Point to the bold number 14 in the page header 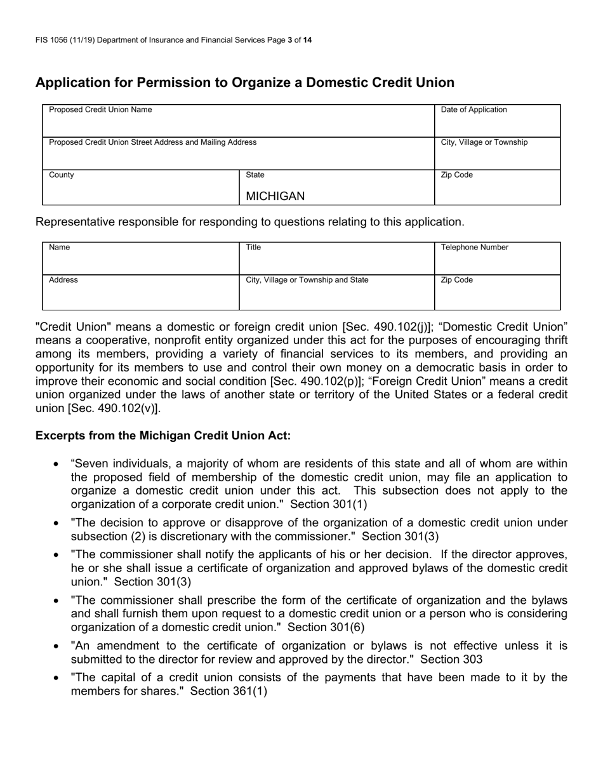tap(307, 40)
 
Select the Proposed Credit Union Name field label tap(100, 110)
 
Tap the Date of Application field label tap(474, 110)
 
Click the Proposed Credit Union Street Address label tap(152, 142)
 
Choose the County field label tap(62, 175)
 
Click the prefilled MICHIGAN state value tap(275, 196)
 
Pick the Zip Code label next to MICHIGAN tap(456, 175)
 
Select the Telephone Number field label tap(474, 248)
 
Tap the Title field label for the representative tap(253, 248)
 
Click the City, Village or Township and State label tap(307, 280)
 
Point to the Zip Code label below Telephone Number tap(456, 280)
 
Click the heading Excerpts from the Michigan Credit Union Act tap(163, 436)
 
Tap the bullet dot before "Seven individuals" tap(57, 465)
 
